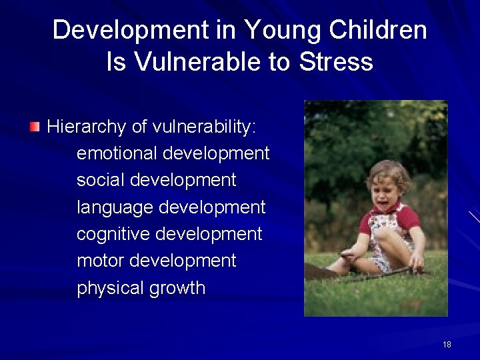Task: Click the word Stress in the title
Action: (336, 62)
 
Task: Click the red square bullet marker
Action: (35, 126)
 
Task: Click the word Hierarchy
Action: (86, 127)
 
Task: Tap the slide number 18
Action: (447, 345)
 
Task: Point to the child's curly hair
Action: (389, 171)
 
